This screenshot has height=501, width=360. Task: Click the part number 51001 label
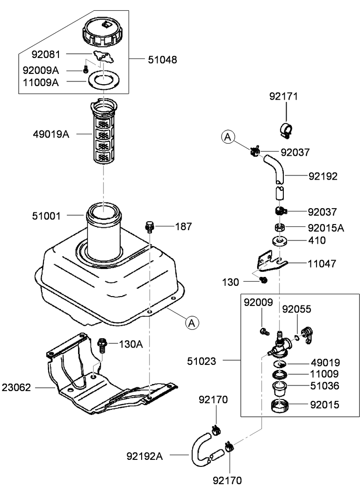point(47,215)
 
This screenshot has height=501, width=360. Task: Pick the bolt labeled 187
point(150,226)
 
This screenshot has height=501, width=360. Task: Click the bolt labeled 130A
point(102,346)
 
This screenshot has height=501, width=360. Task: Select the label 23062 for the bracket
point(17,387)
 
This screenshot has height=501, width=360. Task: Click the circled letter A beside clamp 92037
point(227,137)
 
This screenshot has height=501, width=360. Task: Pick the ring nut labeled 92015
point(280,406)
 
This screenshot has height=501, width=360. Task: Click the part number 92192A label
point(144,455)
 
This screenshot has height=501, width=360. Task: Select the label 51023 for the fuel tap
point(202,361)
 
